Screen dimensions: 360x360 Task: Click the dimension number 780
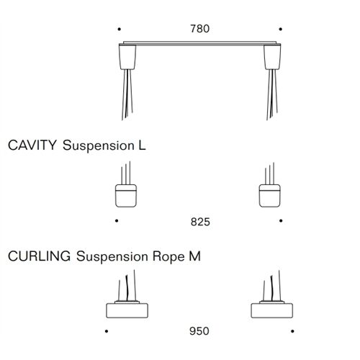pyautogui.click(x=200, y=29)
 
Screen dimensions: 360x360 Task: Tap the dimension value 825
pyautogui.click(x=200, y=222)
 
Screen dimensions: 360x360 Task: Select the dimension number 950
pyautogui.click(x=199, y=331)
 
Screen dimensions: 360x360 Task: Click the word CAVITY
pyautogui.click(x=32, y=145)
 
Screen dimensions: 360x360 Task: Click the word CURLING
pyautogui.click(x=40, y=256)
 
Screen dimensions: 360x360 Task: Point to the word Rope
pyautogui.click(x=168, y=257)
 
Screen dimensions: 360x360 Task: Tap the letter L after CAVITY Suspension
pyautogui.click(x=142, y=145)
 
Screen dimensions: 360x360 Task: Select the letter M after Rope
pyautogui.click(x=194, y=256)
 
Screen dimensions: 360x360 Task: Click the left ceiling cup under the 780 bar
pyautogui.click(x=127, y=57)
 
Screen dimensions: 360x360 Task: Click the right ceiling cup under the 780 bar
pyautogui.click(x=272, y=57)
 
